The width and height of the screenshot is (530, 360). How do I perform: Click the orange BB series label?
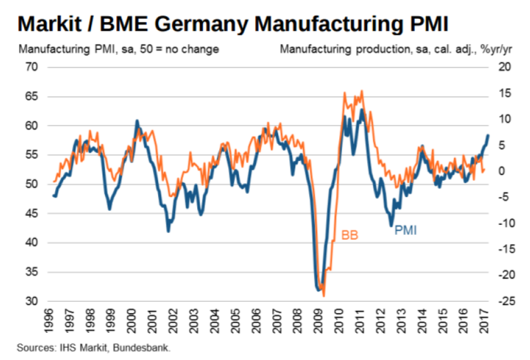click(350, 235)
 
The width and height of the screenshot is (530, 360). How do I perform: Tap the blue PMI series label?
click(406, 232)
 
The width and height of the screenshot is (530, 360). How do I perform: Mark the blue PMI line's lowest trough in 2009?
click(317, 290)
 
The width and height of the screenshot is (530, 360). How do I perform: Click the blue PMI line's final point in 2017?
click(488, 135)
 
